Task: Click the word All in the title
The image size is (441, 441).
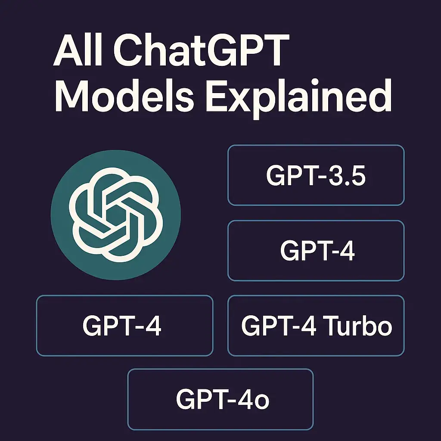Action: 78,50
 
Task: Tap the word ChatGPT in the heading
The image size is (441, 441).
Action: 202,50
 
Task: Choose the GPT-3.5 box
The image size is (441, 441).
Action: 316,175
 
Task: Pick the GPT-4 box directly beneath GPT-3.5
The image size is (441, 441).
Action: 316,251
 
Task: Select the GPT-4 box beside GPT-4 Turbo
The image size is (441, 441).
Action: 124,326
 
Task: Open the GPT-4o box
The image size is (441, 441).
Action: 220,399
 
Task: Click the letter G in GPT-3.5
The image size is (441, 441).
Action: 276,176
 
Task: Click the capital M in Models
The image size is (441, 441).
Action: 72,95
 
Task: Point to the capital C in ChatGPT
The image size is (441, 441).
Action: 127,50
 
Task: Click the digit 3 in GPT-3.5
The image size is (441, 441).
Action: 333,176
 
